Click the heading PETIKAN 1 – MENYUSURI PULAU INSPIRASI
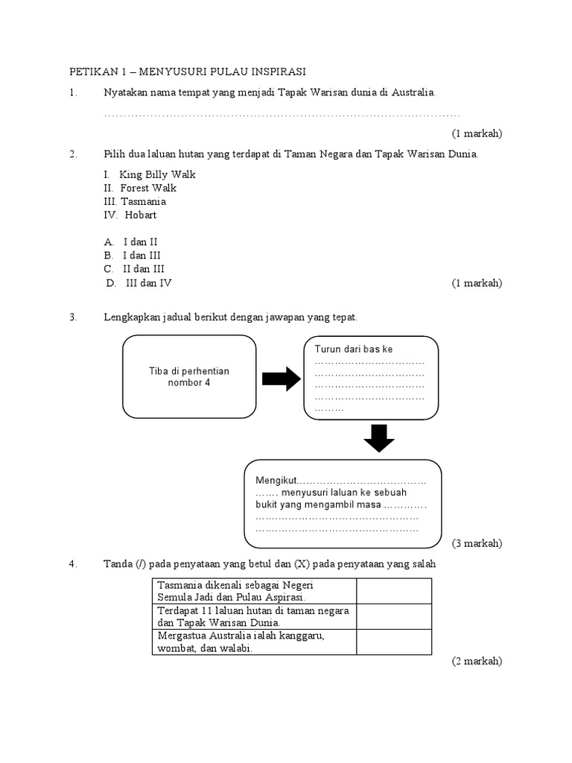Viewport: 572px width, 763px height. point(188,72)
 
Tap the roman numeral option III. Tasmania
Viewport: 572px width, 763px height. point(135,201)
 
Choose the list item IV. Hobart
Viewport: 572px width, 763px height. point(130,215)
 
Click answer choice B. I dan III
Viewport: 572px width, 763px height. point(132,255)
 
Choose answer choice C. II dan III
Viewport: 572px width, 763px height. point(134,268)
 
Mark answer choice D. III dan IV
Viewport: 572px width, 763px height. point(139,283)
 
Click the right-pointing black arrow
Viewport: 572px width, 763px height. point(281,379)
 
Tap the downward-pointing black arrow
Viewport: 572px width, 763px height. point(379,438)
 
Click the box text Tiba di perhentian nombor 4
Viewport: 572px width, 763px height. point(188,377)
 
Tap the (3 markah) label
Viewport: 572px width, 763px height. point(477,543)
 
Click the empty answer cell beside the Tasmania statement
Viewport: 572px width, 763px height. point(393,591)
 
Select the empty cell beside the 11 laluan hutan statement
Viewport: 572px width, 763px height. point(393,616)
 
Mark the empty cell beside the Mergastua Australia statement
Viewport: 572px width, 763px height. point(393,642)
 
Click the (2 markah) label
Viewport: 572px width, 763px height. point(477,661)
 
